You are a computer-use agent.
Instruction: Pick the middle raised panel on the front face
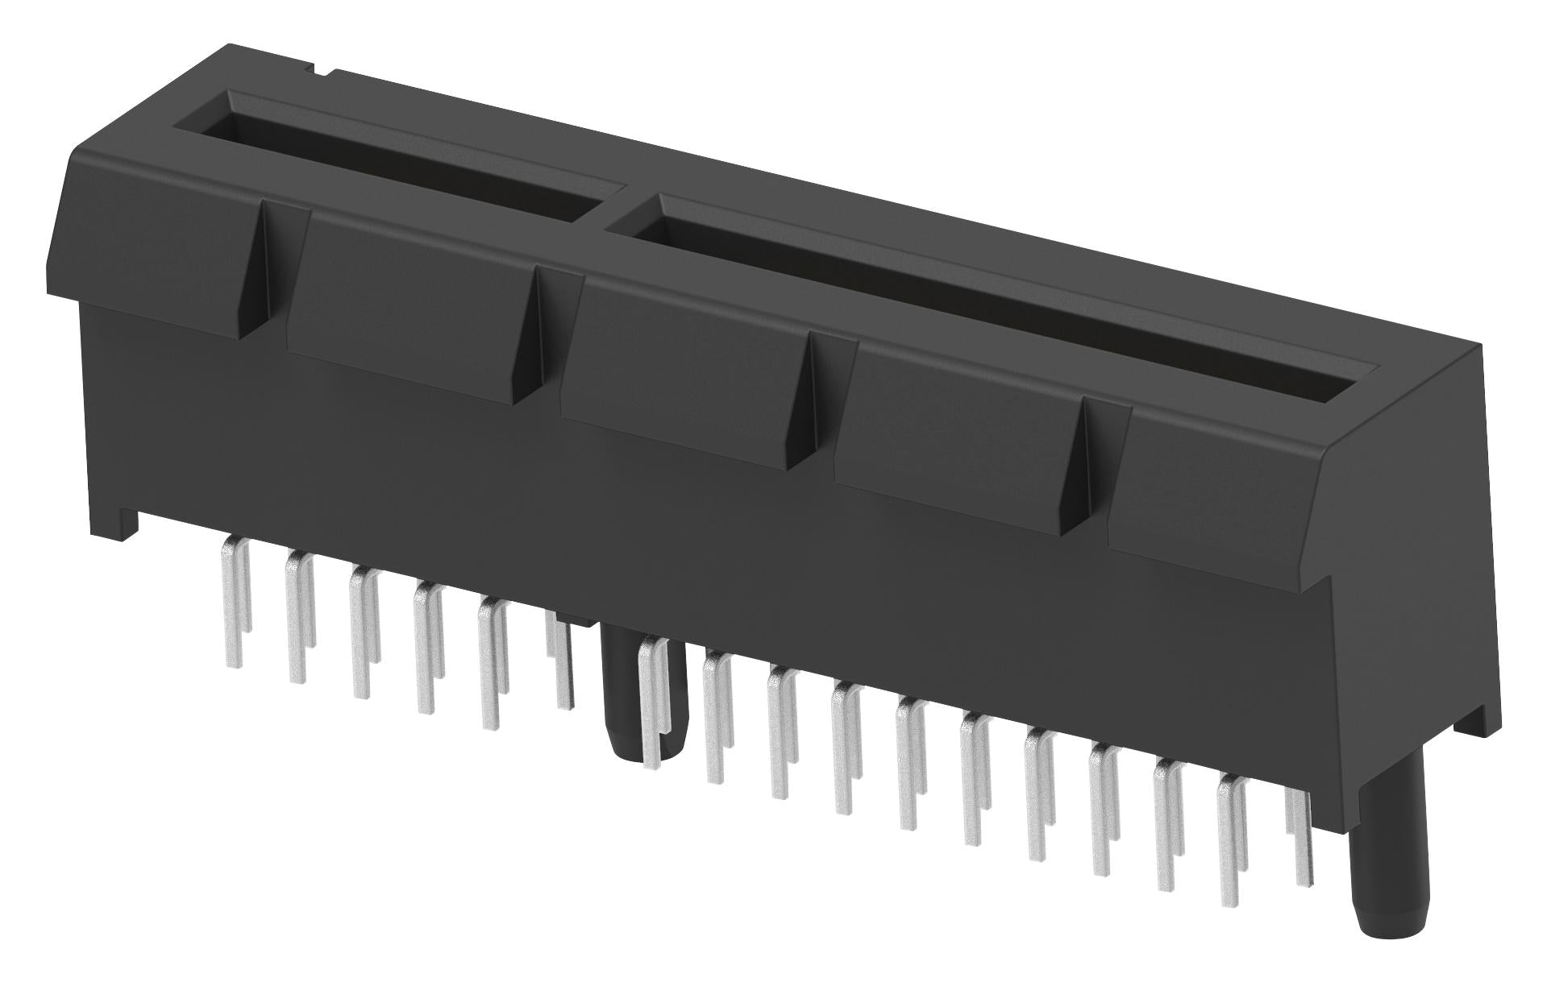tap(681, 371)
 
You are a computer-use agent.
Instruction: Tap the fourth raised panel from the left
tap(955, 435)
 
